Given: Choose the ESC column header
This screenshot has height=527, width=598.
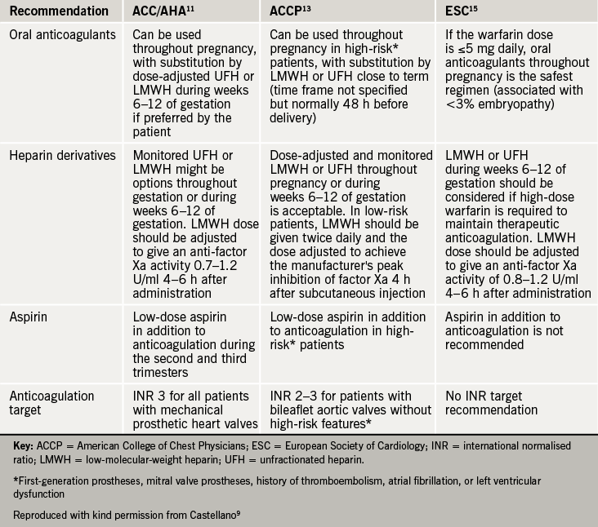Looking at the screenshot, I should pos(463,12).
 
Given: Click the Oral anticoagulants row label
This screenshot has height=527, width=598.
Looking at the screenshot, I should pos(61,36).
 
